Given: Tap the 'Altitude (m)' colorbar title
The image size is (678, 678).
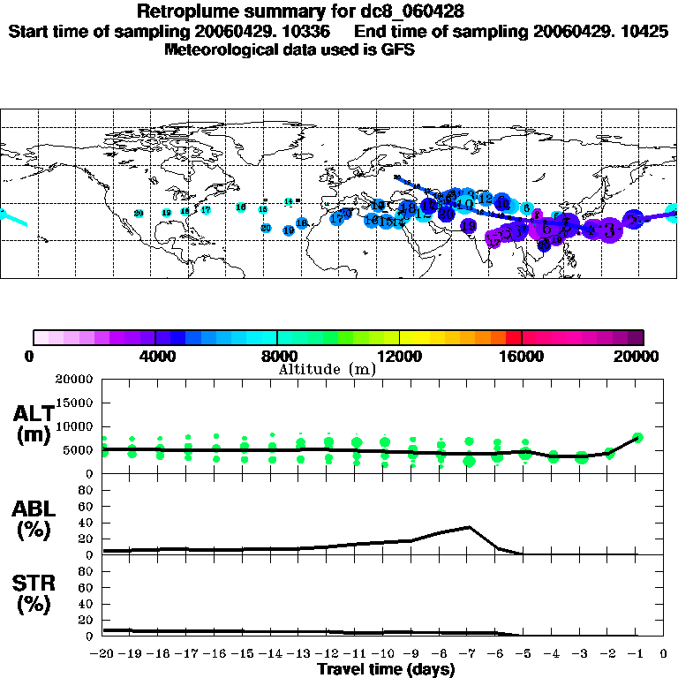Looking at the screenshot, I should pyautogui.click(x=327, y=369).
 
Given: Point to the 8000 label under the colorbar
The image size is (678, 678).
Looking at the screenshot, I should pyautogui.click(x=276, y=357).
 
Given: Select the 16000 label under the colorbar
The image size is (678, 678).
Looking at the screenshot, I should pyautogui.click(x=522, y=357).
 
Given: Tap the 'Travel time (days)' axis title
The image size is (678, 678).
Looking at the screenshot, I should pyautogui.click(x=386, y=669).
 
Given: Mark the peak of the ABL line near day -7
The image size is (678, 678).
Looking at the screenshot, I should pyautogui.click(x=470, y=527).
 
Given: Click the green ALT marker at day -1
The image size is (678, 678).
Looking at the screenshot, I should pyautogui.click(x=638, y=437).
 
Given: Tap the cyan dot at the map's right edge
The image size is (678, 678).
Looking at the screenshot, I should pyautogui.click(x=672, y=212).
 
